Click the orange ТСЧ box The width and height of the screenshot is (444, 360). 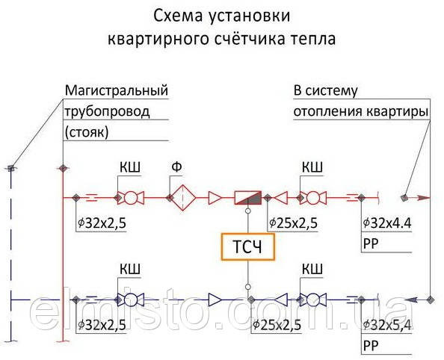[x=247, y=246]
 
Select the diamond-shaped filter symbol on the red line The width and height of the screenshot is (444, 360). [x=183, y=197]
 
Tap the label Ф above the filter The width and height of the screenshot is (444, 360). [x=176, y=167]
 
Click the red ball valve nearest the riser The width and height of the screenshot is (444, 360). [x=131, y=197]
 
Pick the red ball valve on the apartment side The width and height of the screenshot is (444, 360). [x=313, y=197]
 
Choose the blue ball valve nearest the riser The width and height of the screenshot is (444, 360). [x=131, y=300]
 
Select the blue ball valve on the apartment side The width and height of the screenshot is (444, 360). [x=313, y=300]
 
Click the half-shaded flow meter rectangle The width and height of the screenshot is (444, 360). [x=248, y=197]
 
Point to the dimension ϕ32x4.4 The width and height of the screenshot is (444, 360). [x=386, y=223]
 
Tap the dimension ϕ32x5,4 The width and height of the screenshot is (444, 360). [x=386, y=325]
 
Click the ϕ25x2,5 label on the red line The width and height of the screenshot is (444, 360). [x=293, y=223]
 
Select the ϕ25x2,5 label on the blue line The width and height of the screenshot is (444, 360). [x=277, y=325]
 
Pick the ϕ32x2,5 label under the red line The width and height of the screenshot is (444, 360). [x=102, y=223]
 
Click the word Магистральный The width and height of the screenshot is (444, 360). [x=117, y=90]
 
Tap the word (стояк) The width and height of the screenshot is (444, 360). [x=87, y=132]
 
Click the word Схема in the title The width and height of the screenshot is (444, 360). [x=179, y=16]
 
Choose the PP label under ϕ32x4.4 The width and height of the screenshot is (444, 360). [x=371, y=243]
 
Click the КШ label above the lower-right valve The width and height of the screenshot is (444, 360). [x=312, y=269]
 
